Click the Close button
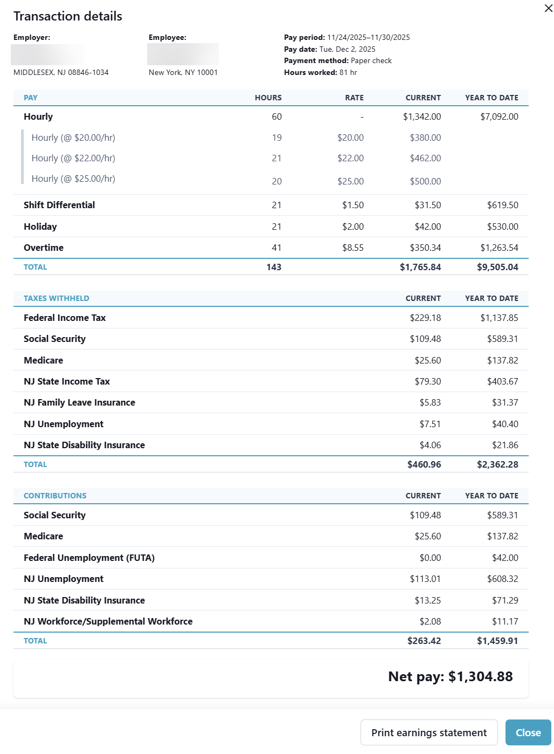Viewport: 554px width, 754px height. [x=528, y=732]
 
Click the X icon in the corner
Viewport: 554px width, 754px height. [x=548, y=9]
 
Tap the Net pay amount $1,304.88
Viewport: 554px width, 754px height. [x=480, y=676]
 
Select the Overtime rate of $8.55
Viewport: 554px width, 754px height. [x=353, y=248]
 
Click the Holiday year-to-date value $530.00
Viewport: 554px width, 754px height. [x=502, y=227]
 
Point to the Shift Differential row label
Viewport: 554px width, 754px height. [x=59, y=205]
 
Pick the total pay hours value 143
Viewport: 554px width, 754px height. [x=274, y=267]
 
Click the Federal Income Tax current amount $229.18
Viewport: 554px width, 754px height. [x=425, y=318]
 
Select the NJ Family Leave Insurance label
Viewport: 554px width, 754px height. [x=79, y=402]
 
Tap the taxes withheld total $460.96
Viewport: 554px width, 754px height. [x=424, y=464]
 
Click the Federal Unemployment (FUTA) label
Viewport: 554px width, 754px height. [x=89, y=558]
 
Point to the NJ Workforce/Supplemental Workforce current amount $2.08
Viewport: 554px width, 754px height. [x=430, y=621]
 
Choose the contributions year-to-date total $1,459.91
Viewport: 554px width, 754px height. [x=497, y=641]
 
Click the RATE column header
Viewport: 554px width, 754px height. [x=354, y=98]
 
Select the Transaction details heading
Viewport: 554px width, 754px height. [x=68, y=16]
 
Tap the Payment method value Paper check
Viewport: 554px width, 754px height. [x=371, y=60]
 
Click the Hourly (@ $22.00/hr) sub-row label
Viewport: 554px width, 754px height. [x=73, y=158]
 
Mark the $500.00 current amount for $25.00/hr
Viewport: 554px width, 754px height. [x=425, y=181]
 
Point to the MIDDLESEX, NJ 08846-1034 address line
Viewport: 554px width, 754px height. [x=61, y=72]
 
